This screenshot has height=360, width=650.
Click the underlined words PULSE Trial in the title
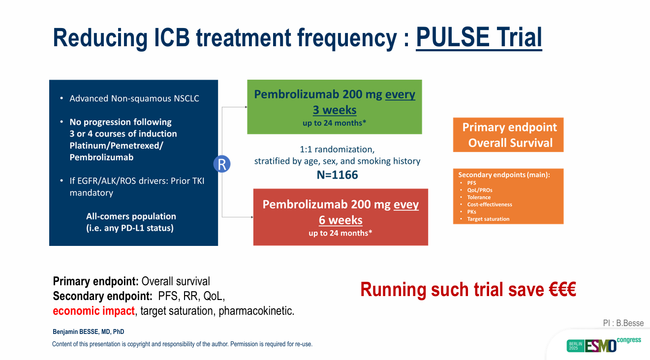[479, 37]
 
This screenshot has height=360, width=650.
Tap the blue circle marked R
[222, 164]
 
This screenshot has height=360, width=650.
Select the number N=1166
[337, 175]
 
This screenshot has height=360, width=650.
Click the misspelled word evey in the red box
[406, 205]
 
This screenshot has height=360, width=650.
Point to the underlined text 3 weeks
[335, 110]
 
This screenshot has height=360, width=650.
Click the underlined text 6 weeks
[340, 220]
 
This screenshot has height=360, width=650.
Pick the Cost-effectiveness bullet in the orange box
[490, 205]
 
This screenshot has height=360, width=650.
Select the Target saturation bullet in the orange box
[488, 219]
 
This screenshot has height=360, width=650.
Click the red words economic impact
[93, 311]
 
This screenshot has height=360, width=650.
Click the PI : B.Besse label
[623, 323]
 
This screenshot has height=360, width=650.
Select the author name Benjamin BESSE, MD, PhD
[89, 332]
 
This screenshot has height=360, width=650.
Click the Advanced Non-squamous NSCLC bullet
[134, 98]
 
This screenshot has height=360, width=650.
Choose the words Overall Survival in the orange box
[510, 143]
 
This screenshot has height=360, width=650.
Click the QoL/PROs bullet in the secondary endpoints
[480, 190]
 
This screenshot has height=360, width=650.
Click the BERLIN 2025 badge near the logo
[574, 345]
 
